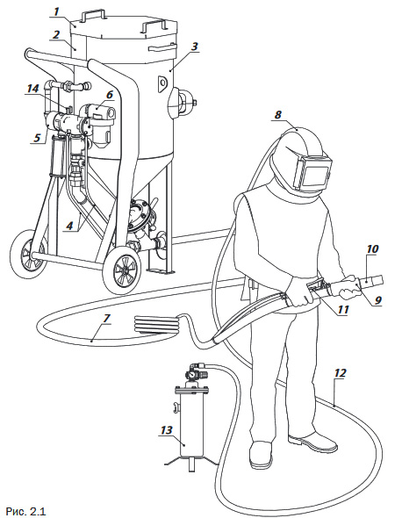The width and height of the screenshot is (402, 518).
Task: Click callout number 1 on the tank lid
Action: click(56, 11)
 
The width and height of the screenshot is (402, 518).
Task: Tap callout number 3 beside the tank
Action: click(195, 47)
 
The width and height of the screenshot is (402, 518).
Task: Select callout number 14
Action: click(32, 89)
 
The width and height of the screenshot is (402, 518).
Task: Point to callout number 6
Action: click(110, 95)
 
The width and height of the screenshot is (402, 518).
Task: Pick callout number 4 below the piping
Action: click(69, 226)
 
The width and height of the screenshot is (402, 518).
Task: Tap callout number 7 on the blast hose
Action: click(106, 319)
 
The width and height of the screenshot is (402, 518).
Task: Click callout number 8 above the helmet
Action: click(277, 115)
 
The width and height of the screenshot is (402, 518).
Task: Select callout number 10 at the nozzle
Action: click(372, 248)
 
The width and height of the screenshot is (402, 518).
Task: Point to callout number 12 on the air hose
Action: click(341, 373)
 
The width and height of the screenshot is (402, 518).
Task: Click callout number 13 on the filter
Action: click(167, 430)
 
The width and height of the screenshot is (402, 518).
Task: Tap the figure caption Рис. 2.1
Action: click(25, 511)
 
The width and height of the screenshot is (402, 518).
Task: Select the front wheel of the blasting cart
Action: click(121, 270)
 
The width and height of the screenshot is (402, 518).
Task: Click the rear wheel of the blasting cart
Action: click(27, 254)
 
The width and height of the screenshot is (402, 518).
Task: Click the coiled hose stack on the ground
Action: click(156, 324)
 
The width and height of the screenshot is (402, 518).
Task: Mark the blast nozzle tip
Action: click(382, 279)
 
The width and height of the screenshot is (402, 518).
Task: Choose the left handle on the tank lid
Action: click(94, 15)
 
